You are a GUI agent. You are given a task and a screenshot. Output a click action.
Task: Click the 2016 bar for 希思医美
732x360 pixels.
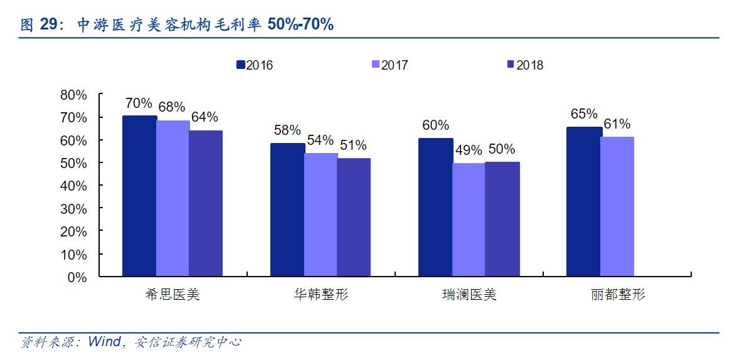click(x=139, y=196)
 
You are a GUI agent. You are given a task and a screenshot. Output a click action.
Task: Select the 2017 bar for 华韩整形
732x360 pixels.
click(x=321, y=214)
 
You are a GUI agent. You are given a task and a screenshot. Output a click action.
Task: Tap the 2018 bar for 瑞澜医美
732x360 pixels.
click(x=502, y=219)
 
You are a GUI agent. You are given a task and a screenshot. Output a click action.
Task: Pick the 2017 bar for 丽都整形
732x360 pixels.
click(x=617, y=206)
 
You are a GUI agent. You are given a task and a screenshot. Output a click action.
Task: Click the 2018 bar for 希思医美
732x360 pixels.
click(x=206, y=203)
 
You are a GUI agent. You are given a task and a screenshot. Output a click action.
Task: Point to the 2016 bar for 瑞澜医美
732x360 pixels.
click(x=435, y=207)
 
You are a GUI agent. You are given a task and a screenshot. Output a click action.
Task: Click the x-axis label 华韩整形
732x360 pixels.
click(x=321, y=295)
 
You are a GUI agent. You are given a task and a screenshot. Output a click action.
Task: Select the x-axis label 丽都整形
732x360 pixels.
click(x=617, y=295)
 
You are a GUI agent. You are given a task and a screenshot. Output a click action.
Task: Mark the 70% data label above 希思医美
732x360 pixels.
click(x=139, y=103)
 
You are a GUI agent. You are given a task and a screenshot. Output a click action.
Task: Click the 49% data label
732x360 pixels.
click(x=469, y=151)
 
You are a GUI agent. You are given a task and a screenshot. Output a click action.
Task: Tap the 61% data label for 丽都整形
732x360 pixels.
click(x=617, y=124)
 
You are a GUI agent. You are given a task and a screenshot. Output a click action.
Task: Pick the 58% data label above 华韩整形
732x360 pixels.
click(x=287, y=130)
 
